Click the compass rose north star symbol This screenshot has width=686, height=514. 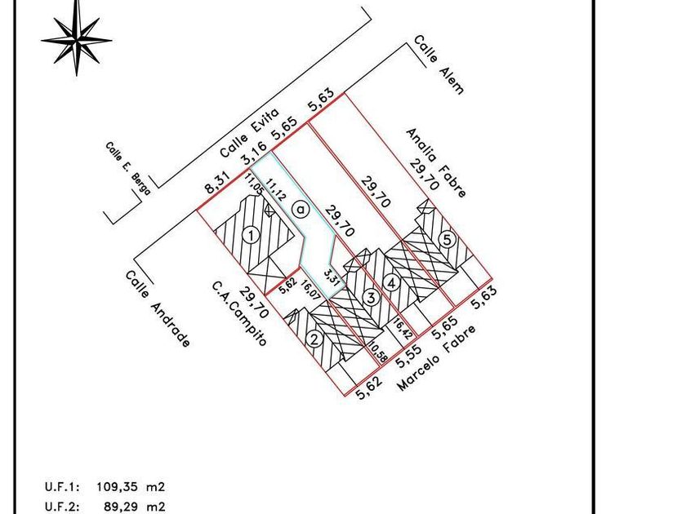click(77, 40)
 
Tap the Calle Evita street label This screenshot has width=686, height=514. click(249, 133)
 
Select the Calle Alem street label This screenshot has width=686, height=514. click(439, 64)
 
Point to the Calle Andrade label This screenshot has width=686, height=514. click(158, 309)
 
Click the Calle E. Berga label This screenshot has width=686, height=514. click(127, 168)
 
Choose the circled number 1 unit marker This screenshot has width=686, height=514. click(252, 236)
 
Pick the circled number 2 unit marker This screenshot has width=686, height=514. click(314, 339)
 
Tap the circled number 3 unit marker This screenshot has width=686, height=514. click(371, 298)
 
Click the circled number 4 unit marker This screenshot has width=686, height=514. click(391, 283)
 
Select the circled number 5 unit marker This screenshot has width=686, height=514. click(448, 240)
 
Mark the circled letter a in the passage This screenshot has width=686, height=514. click(301, 210)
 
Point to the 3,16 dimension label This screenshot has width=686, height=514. click(254, 151)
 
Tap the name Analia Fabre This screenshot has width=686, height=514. click(437, 162)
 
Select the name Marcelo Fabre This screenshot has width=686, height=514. click(437, 358)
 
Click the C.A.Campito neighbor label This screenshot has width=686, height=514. click(238, 313)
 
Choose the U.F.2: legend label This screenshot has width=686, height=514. click(62, 507)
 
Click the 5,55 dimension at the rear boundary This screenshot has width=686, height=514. click(408, 356)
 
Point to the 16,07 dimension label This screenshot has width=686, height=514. click(311, 290)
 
